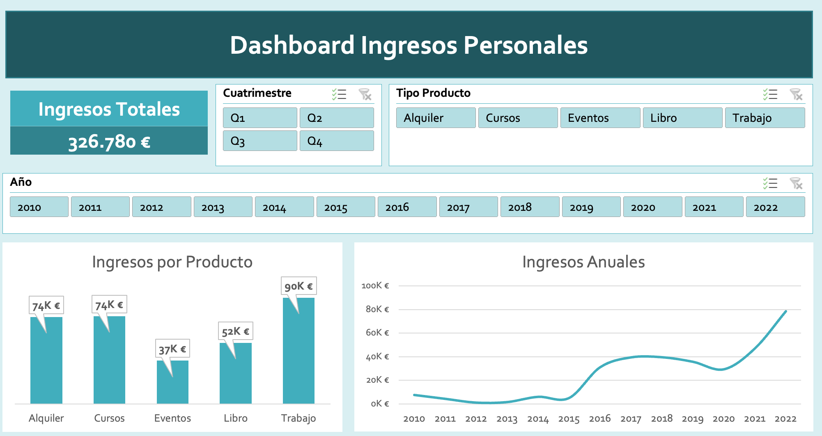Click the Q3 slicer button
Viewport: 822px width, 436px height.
pos(259,141)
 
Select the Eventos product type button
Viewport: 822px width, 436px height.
pos(600,118)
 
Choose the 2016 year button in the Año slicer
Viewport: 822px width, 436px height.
pos(406,207)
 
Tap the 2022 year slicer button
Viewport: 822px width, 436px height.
pos(775,207)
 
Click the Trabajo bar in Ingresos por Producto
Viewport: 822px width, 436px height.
pos(298,353)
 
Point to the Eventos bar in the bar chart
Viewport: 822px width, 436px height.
pos(172,383)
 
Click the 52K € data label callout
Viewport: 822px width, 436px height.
pos(235,331)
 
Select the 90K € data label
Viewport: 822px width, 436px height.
pos(298,286)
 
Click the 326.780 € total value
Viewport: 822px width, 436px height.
pos(109,142)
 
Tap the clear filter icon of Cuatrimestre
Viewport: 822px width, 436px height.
pos(365,94)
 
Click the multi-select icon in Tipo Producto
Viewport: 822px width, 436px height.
pos(770,94)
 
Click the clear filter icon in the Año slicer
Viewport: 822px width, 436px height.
pos(796,183)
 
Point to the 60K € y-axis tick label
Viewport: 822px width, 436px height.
pos(377,333)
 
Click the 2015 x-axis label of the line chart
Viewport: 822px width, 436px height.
pos(569,419)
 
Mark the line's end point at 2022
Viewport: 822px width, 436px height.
pos(786,311)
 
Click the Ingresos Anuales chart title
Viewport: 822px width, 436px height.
pos(583,262)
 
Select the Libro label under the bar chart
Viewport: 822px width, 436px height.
pos(235,418)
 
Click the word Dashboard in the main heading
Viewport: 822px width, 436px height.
pos(292,45)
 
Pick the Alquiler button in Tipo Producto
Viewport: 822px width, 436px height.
pos(435,118)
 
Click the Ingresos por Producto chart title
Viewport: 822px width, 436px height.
pos(172,262)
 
